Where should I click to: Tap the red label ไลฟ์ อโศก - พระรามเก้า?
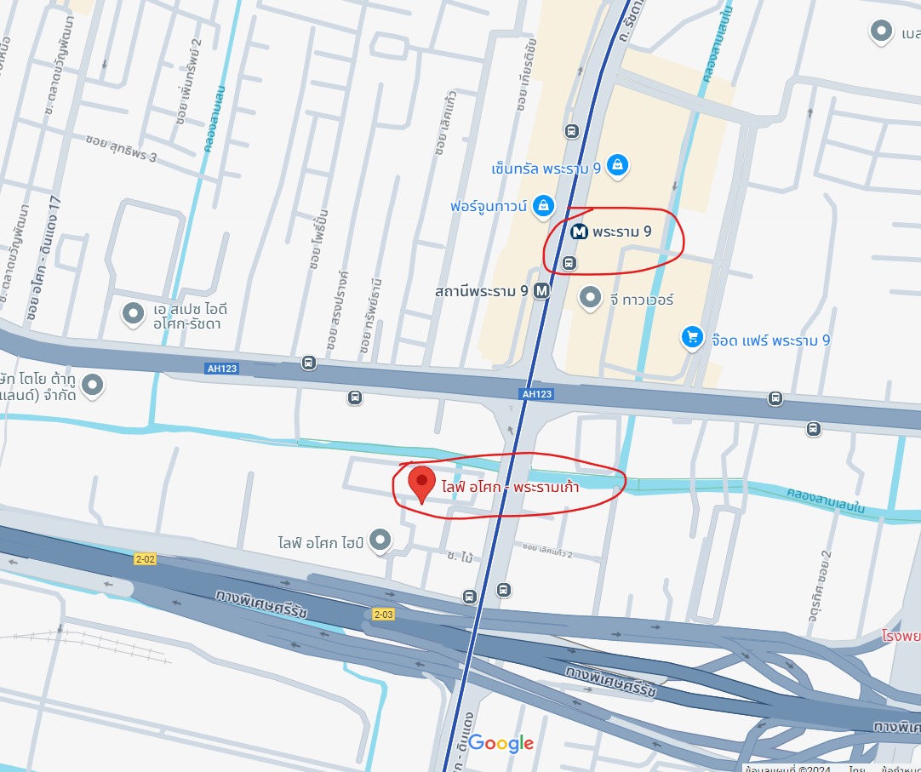tap(517, 488)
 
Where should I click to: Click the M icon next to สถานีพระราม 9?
tap(541, 291)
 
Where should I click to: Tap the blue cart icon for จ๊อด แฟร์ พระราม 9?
tap(693, 339)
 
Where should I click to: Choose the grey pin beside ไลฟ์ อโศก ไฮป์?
tap(380, 539)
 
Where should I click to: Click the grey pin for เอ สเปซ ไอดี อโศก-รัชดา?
tap(133, 314)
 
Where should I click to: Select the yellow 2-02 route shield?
tap(146, 559)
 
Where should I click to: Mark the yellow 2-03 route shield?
tap(383, 614)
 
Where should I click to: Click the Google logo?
tap(501, 743)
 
